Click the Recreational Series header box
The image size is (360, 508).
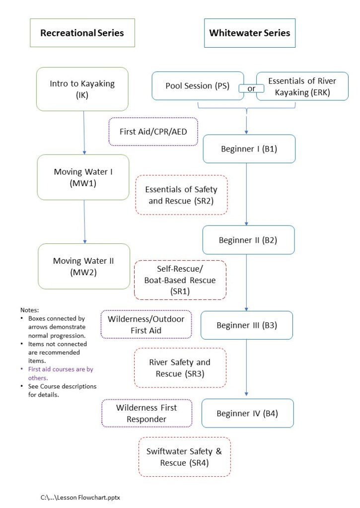click(x=82, y=33)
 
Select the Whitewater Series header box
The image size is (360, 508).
click(x=249, y=33)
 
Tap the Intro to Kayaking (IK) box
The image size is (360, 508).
click(x=82, y=89)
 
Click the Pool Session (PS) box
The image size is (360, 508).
click(x=197, y=86)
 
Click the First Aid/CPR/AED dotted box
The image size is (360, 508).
click(x=152, y=132)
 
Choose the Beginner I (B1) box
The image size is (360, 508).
click(x=249, y=148)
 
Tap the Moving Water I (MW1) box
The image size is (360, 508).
click(x=83, y=177)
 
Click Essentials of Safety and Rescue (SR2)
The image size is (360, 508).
click(x=181, y=195)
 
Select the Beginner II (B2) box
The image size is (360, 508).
click(x=248, y=240)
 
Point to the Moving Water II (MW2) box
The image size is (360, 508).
click(x=83, y=266)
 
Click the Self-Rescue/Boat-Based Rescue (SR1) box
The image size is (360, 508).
click(x=180, y=280)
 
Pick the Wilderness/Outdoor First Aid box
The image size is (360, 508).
click(x=146, y=324)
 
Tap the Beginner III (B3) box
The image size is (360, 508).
click(x=246, y=325)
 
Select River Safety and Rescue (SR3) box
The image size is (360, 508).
click(x=180, y=367)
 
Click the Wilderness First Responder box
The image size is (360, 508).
click(x=146, y=413)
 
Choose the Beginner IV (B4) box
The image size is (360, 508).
click(x=247, y=413)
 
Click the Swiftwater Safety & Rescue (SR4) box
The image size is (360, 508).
click(x=184, y=457)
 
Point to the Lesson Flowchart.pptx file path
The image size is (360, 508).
click(x=80, y=497)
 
